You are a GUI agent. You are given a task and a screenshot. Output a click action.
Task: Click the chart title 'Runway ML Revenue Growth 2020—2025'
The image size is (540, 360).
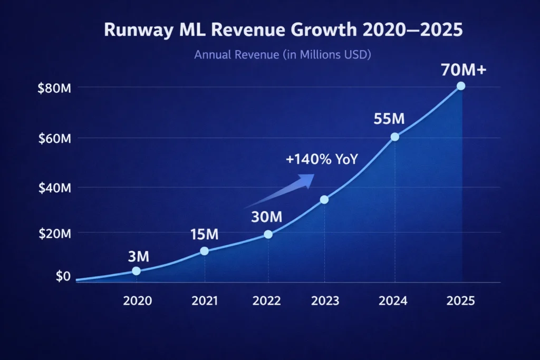coord(283,30)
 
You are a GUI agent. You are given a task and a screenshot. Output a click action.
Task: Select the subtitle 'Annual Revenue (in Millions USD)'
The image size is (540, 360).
coord(283,54)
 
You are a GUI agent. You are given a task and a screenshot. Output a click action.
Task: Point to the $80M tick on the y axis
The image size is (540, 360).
coord(54,89)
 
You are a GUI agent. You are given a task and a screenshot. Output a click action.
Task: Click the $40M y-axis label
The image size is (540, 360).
coord(54,188)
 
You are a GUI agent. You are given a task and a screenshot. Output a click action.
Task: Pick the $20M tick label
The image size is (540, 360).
coord(54,234)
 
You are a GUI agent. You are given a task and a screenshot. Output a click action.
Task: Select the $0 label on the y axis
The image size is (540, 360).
coord(63,276)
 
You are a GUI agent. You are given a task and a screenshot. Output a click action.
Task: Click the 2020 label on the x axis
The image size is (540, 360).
coord(137,301)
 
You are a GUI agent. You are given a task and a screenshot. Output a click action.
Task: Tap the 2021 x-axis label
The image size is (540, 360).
coord(204,301)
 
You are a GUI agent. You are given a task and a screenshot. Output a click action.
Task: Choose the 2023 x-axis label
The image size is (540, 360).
coord(325,301)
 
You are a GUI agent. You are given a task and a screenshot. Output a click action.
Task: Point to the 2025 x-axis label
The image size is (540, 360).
coord(460,301)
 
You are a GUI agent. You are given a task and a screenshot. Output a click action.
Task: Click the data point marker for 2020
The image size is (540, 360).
coord(136,271)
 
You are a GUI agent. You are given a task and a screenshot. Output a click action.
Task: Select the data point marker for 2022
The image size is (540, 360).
coord(268,234)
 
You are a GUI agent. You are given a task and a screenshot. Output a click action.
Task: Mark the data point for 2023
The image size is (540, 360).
coord(324,199)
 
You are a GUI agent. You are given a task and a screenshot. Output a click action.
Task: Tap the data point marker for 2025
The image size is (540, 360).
coord(461,86)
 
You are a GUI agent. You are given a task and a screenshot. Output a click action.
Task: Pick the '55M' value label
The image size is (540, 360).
coord(389,119)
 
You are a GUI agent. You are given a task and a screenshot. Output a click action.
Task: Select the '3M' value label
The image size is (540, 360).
coord(139,257)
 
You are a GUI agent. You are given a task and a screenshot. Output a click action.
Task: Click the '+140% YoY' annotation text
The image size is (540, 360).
coord(322,160)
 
